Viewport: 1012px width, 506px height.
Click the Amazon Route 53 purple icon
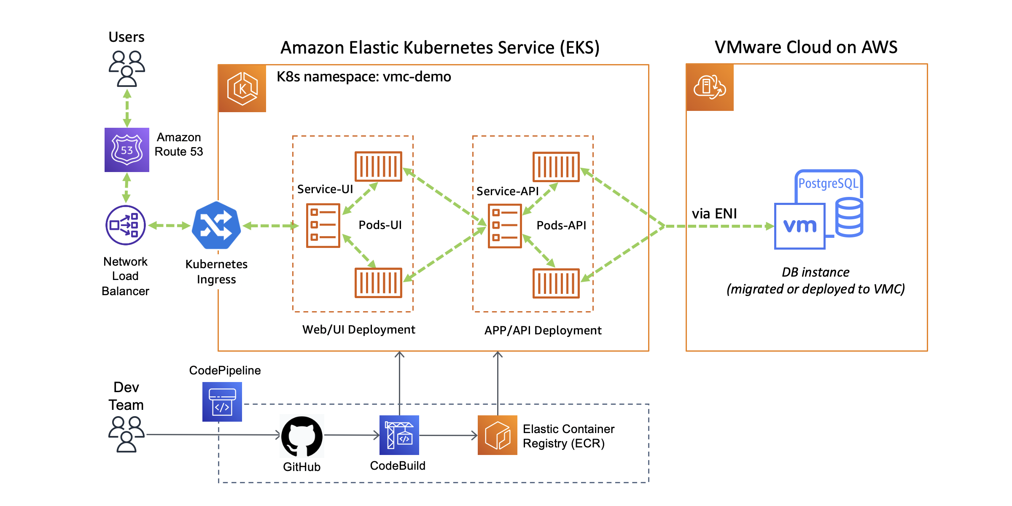126,150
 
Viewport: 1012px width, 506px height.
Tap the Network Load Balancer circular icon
125,225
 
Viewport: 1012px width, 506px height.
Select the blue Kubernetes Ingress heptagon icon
216,226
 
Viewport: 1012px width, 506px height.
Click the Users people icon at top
126,68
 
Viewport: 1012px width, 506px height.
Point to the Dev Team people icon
126,434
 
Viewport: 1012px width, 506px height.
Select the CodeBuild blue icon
399,435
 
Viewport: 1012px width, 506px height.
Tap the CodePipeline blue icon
222,402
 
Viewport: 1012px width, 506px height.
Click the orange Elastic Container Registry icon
497,435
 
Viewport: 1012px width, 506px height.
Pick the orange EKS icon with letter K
242,89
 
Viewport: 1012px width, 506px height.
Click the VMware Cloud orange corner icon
710,87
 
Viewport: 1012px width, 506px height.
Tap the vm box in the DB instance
799,226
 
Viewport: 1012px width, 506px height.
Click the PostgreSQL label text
828,183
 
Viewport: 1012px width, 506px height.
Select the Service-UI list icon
323,226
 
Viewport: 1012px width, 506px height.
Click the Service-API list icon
505,226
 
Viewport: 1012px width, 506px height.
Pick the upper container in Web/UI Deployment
378,167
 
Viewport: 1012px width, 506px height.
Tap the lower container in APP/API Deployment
556,283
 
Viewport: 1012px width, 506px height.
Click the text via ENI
714,214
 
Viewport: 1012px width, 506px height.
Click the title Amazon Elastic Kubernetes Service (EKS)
440,48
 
